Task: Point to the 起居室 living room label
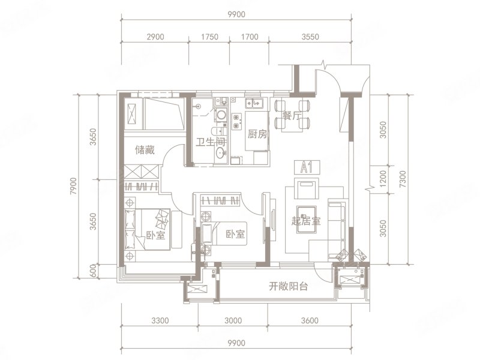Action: pos(306,220)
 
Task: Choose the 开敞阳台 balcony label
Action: pos(288,287)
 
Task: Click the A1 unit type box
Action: pos(304,167)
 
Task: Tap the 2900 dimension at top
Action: pos(155,37)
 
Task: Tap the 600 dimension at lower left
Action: pos(92,271)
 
